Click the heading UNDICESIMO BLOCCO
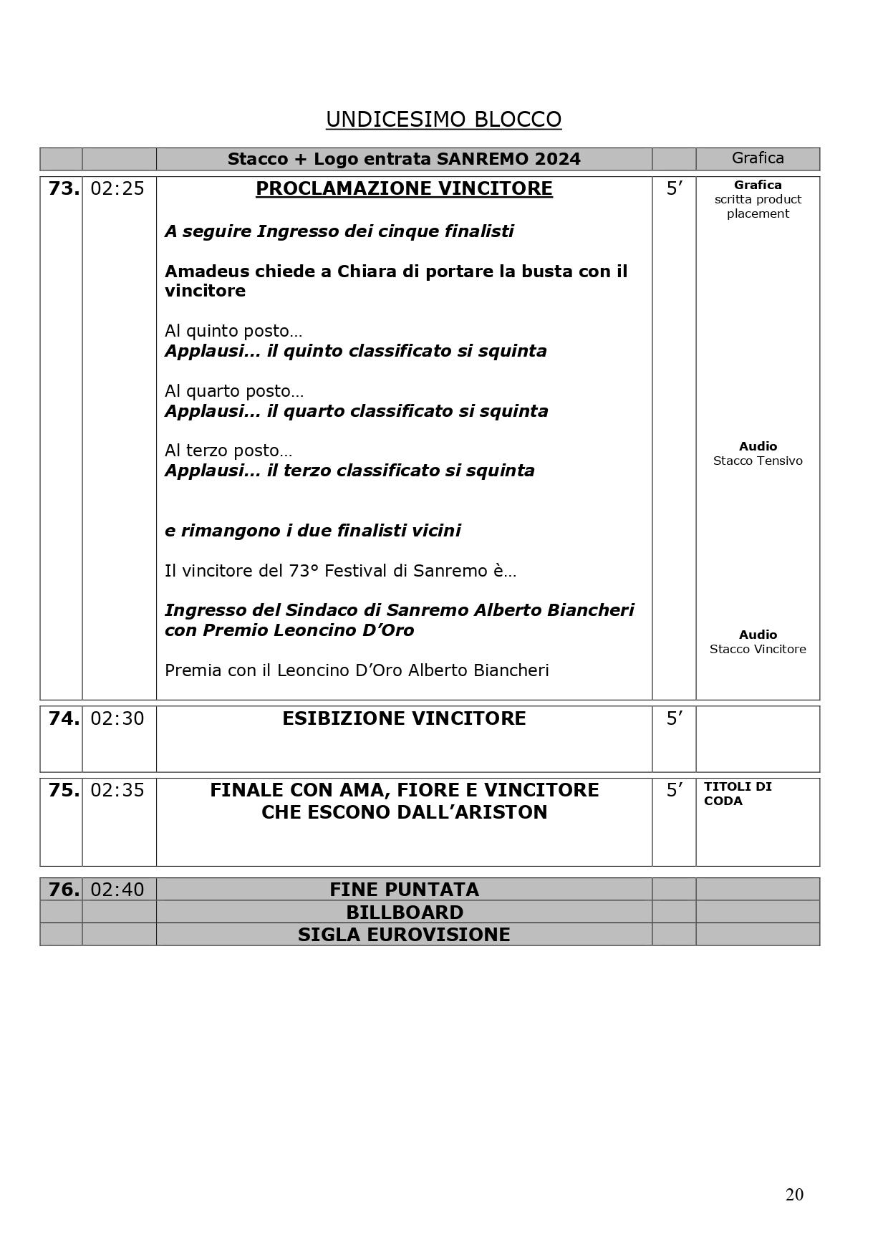click(443, 120)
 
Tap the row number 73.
click(63, 188)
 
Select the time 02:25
click(117, 188)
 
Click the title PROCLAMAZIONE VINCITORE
click(404, 188)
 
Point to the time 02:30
click(117, 718)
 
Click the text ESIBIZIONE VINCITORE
click(404, 718)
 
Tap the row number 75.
click(63, 790)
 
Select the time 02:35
click(117, 790)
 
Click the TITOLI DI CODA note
click(737, 794)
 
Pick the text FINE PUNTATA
click(404, 890)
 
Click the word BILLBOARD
click(404, 912)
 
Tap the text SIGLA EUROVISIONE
click(404, 935)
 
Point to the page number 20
click(794, 1195)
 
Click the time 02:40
click(117, 890)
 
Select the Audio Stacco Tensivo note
click(758, 453)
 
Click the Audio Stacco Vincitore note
click(758, 642)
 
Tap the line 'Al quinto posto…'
click(233, 331)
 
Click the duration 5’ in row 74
click(674, 718)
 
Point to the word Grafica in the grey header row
click(758, 158)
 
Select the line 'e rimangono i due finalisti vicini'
click(312, 531)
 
